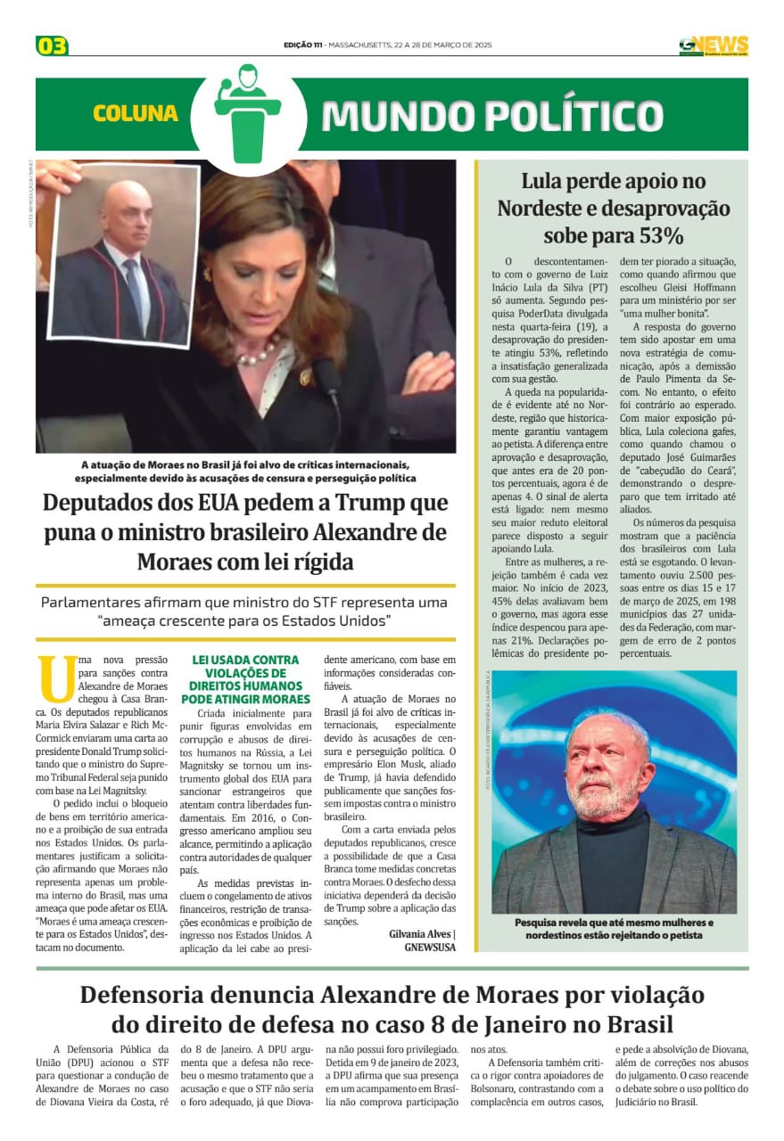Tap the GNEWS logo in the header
[713, 45]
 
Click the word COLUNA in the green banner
[136, 114]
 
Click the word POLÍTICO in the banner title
[561, 115]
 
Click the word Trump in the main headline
[366, 503]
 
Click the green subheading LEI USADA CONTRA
[246, 661]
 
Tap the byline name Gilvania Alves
[420, 934]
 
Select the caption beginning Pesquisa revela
[614, 929]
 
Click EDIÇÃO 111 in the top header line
[302, 45]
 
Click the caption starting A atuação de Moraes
[245, 472]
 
